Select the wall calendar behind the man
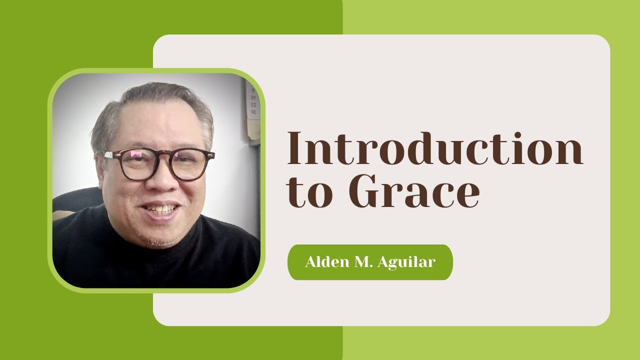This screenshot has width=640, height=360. [x=252, y=103]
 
